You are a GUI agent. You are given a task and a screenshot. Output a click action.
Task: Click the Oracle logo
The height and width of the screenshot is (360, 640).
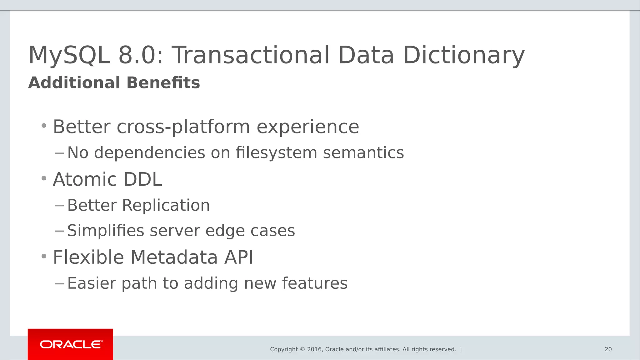(71, 344)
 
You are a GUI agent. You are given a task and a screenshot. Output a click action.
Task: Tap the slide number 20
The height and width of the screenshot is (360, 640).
(608, 349)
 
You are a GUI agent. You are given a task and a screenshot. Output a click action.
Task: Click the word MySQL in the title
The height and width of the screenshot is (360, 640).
(69, 55)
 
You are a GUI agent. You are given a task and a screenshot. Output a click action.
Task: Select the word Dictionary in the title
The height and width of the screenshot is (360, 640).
(463, 55)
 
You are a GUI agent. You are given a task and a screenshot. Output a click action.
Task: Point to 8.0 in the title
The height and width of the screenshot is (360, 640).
(141, 55)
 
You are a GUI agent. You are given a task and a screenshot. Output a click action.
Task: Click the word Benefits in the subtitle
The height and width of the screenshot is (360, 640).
(163, 83)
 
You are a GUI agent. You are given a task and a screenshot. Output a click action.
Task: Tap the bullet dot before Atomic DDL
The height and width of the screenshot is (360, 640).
(44, 179)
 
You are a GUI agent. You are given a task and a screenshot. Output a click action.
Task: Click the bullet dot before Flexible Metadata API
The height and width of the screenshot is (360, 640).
(44, 257)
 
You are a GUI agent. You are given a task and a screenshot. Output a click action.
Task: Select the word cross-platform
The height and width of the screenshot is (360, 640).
(183, 127)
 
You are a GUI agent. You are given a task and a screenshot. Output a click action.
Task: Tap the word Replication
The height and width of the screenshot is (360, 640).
(166, 206)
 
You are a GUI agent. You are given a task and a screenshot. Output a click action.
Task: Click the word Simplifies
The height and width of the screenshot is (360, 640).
(106, 231)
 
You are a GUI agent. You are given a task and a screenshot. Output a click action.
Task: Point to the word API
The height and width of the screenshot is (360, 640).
(238, 257)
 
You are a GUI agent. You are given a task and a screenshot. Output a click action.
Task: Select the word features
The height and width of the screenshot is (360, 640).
(315, 283)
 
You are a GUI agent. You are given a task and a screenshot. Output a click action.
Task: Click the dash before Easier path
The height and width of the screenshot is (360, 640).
(59, 283)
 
